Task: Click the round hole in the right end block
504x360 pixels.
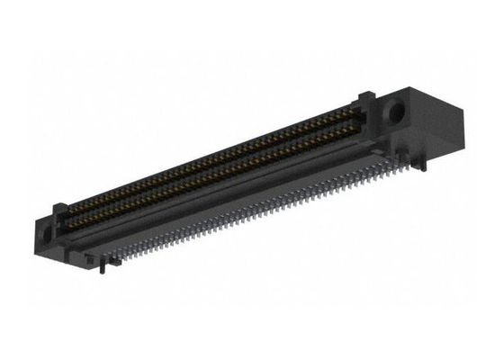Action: pyautogui.click(x=394, y=115)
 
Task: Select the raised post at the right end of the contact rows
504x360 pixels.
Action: pyautogui.click(x=365, y=102)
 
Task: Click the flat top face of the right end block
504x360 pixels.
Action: pyautogui.click(x=423, y=92)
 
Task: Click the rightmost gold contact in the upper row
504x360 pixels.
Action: pyautogui.click(x=355, y=112)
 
